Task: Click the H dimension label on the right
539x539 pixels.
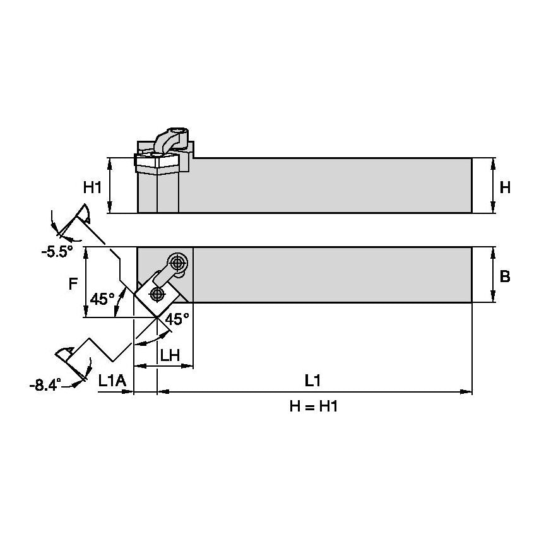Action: click(504, 187)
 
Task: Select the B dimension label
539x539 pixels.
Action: click(504, 276)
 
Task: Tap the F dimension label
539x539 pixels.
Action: click(73, 283)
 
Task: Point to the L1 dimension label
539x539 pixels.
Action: click(313, 380)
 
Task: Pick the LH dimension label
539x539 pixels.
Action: click(170, 355)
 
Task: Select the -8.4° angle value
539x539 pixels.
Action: click(45, 384)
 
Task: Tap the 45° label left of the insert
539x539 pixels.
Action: click(102, 299)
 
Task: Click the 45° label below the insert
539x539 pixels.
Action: click(177, 319)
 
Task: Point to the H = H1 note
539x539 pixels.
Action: click(314, 407)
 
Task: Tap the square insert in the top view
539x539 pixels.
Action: click(156, 293)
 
